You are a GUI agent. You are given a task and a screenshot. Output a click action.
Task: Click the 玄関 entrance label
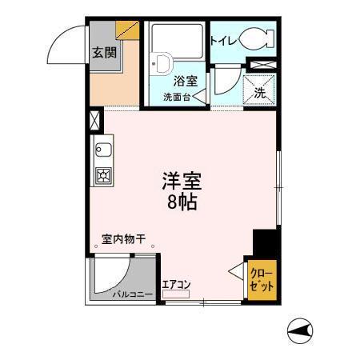[x=102, y=54]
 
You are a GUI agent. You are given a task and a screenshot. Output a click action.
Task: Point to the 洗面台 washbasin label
[x=177, y=98]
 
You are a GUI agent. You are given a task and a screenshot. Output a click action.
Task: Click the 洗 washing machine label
[x=260, y=92]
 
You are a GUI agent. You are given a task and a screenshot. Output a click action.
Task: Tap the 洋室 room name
[x=182, y=181]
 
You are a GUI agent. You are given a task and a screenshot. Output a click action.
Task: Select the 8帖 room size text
[x=182, y=202]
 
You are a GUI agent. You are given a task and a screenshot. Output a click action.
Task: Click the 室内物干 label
[x=123, y=238]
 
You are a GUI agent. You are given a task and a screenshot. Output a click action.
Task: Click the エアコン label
[x=176, y=283]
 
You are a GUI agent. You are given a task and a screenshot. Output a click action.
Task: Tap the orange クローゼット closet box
[x=262, y=280]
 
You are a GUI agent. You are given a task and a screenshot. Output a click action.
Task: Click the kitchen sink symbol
[x=104, y=149]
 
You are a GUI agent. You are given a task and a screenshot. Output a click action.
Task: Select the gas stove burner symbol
[x=104, y=176]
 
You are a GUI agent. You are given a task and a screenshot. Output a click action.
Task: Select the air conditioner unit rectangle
[x=176, y=294]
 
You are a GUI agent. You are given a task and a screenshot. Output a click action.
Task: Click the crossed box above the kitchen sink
[x=96, y=121]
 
